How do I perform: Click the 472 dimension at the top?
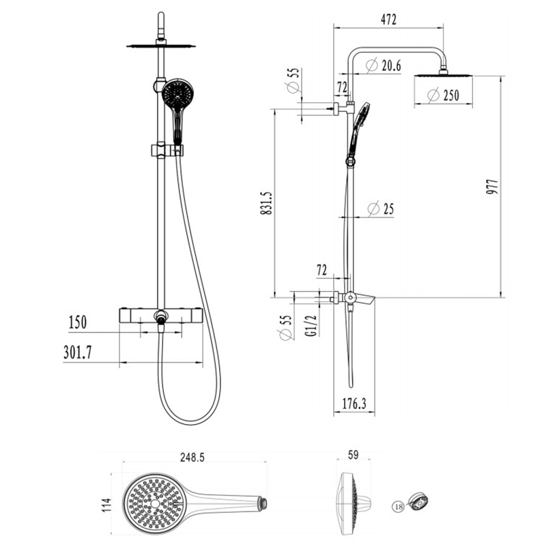[x=388, y=20]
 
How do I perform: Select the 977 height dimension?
[x=493, y=186]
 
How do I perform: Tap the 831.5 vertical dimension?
[x=267, y=203]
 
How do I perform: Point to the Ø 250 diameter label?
[x=443, y=95]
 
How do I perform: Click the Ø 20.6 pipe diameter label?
[x=384, y=66]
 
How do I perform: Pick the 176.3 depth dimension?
[x=354, y=404]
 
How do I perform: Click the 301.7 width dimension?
[x=78, y=352]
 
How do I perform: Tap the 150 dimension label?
[x=77, y=322]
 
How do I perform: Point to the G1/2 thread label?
[x=313, y=326]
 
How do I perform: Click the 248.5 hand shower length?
[x=192, y=458]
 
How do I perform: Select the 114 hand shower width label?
[x=106, y=505]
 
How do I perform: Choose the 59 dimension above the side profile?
[x=353, y=455]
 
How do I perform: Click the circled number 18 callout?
[x=398, y=507]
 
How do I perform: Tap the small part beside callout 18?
[x=418, y=502]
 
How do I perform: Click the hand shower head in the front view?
[x=178, y=94]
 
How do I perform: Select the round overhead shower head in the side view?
[x=443, y=74]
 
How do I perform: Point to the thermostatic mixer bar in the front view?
[x=161, y=316]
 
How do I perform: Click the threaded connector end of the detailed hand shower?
[x=263, y=503]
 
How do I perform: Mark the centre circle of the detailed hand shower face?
[x=155, y=504]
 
